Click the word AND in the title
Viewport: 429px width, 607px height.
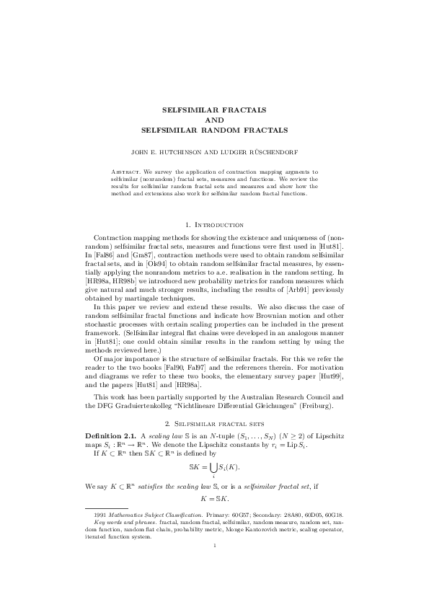tap(214, 120)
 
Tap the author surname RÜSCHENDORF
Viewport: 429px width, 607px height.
tap(273, 154)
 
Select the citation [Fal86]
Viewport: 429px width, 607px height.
tap(104, 256)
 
